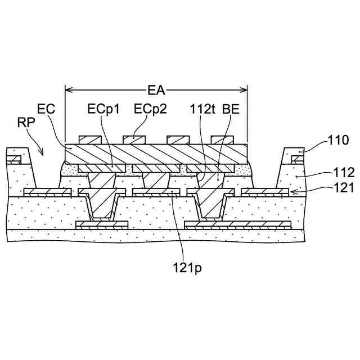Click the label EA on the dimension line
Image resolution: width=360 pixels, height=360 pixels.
coord(156,89)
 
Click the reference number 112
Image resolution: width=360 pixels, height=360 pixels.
coord(344,173)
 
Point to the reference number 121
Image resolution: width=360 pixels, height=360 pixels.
coord(344,188)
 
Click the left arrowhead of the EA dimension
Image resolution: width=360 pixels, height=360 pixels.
coord(67,89)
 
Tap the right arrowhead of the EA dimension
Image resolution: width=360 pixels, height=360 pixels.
coord(245,89)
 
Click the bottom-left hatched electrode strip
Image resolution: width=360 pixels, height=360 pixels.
coord(102,225)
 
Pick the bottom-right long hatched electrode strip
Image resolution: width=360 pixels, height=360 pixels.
coord(238,225)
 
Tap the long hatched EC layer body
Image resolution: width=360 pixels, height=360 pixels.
coord(156,154)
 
